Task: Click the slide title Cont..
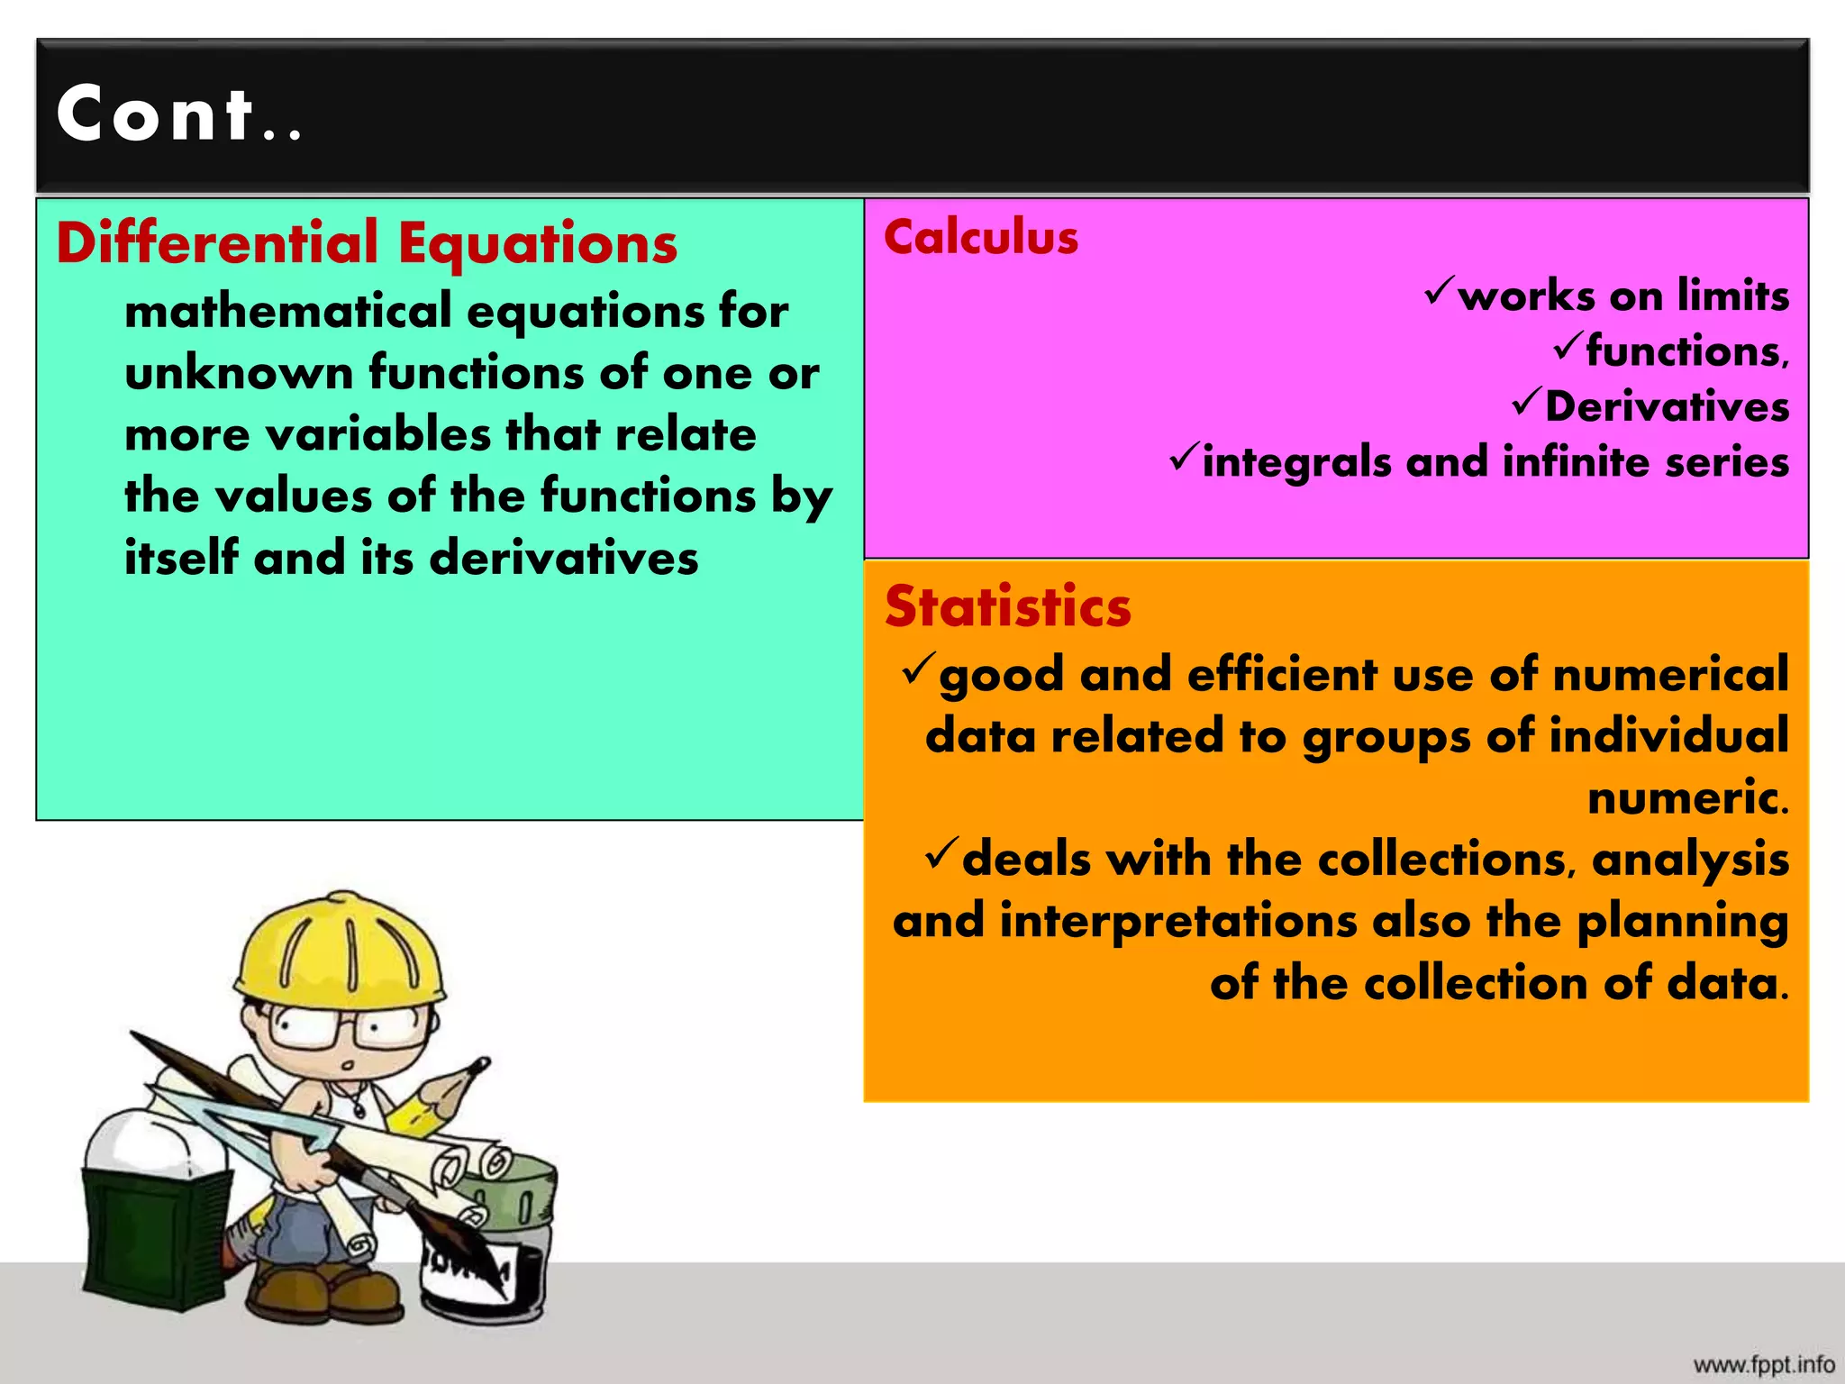click(178, 114)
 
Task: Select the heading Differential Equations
click(366, 243)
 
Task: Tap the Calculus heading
click(980, 238)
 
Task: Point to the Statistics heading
click(1007, 606)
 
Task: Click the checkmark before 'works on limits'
click(1439, 291)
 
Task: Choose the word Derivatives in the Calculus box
click(1667, 406)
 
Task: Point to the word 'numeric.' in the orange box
click(1686, 798)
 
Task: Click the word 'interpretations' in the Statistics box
click(1177, 922)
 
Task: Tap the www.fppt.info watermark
click(1763, 1364)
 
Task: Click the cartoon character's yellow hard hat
click(341, 951)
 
